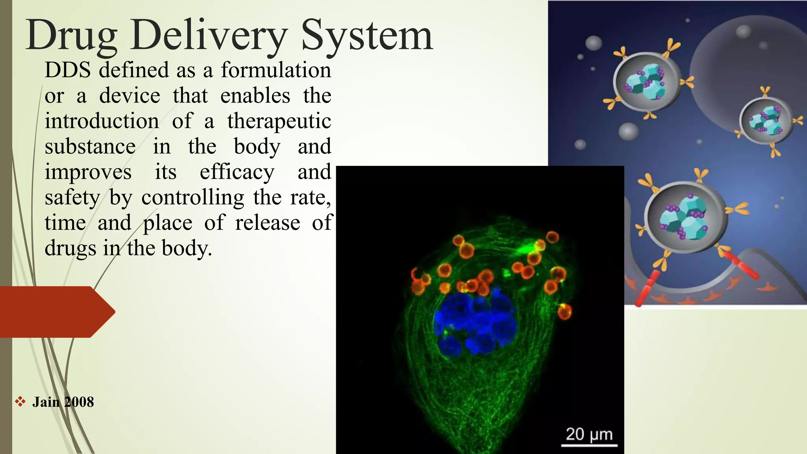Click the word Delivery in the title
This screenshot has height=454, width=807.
[x=209, y=36]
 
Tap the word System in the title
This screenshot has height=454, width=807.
[x=367, y=36]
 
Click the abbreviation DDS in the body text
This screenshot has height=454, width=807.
[x=67, y=70]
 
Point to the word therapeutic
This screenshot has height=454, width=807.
[x=279, y=121]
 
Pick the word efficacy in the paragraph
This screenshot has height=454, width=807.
[x=236, y=172]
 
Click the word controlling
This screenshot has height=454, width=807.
[x=193, y=197]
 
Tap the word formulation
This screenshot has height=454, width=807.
[x=276, y=70]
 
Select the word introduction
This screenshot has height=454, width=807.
[x=102, y=121]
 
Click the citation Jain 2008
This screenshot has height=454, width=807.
[x=63, y=402]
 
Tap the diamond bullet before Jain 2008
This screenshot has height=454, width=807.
[x=20, y=402]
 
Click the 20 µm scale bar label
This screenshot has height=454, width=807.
[x=589, y=434]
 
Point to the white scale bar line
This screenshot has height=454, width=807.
[x=589, y=446]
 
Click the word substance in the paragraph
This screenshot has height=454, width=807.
[x=90, y=147]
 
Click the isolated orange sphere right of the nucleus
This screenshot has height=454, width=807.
[x=565, y=311]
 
